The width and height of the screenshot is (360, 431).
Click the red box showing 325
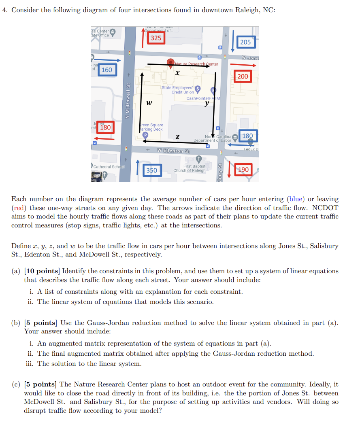(156, 38)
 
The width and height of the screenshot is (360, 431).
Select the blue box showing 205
(245, 42)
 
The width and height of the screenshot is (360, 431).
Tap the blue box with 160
(107, 70)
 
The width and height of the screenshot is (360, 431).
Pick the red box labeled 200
(243, 76)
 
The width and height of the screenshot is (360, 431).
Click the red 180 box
(105, 127)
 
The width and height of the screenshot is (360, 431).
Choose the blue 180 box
(247, 136)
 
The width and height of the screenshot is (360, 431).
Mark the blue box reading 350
(152, 170)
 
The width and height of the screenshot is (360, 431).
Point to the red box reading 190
(243, 170)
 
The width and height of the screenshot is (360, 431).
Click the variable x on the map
(177, 73)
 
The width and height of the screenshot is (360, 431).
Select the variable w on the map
(149, 103)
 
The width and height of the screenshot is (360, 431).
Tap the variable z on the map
(177, 137)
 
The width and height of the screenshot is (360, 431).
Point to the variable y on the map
(207, 103)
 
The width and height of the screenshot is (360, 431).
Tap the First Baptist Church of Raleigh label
(189, 168)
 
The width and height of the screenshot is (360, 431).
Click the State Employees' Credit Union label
(177, 90)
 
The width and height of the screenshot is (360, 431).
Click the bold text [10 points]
(43, 271)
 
